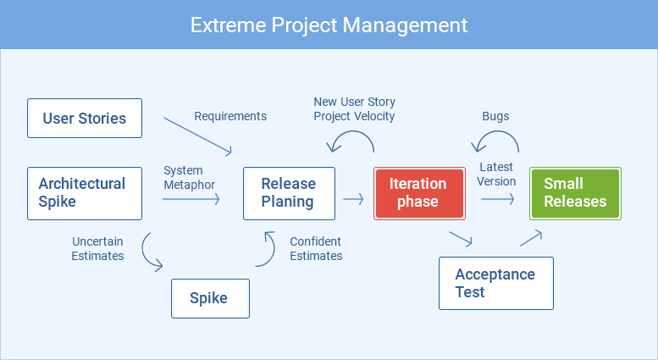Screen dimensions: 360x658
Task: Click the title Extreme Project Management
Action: (329, 25)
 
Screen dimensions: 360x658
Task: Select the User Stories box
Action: (84, 119)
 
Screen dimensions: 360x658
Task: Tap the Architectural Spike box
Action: (84, 193)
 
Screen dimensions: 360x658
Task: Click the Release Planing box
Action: (289, 193)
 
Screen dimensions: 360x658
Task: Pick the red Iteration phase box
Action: (418, 193)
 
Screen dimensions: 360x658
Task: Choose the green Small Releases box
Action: (575, 193)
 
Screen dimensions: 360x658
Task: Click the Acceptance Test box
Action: (495, 283)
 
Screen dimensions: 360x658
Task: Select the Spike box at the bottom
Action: (210, 298)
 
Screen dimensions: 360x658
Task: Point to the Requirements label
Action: (230, 116)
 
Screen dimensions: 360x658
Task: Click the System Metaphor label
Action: (189, 178)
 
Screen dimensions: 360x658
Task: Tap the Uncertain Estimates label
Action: (97, 248)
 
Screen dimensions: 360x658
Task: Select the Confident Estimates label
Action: (316, 248)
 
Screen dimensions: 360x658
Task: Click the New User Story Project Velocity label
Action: (354, 109)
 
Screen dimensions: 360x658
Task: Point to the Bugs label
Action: (495, 116)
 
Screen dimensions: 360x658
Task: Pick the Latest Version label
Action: (496, 174)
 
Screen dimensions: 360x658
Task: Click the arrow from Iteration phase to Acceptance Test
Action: (461, 239)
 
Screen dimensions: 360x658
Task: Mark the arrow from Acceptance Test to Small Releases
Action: (530, 237)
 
